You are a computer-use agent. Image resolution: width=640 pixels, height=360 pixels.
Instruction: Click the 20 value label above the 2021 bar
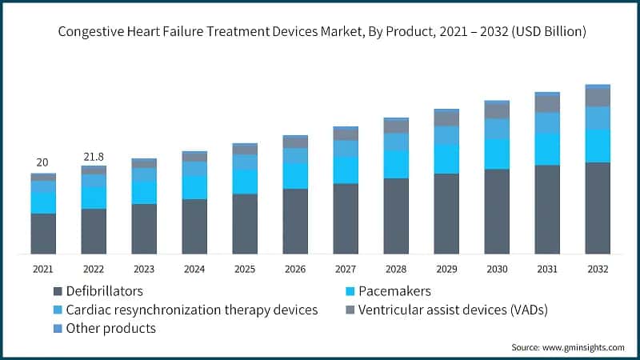(x=43, y=162)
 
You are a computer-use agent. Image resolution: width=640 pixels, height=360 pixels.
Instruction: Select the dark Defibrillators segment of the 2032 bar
(x=598, y=208)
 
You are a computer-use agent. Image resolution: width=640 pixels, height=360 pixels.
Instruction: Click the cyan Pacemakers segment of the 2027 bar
(x=346, y=170)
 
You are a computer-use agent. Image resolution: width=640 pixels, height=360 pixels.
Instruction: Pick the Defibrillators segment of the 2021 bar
(x=43, y=234)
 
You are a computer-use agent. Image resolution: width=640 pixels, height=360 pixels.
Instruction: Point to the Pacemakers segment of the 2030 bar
(x=497, y=154)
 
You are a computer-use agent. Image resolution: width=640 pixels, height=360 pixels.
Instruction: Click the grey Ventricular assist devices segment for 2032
(x=598, y=97)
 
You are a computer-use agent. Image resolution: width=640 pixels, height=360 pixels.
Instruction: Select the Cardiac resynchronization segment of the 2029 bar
(x=446, y=135)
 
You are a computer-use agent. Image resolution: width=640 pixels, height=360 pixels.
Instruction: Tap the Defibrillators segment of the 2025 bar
(x=245, y=224)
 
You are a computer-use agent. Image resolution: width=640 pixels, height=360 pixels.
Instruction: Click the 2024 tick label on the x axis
(x=194, y=269)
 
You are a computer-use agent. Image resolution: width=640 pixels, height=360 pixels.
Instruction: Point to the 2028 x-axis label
(x=396, y=269)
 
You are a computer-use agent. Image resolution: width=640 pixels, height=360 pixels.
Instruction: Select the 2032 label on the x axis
(x=598, y=269)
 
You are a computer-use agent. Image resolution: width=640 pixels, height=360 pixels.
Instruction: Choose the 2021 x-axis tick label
(x=43, y=269)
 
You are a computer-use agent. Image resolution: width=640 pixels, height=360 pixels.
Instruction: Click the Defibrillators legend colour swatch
(x=58, y=291)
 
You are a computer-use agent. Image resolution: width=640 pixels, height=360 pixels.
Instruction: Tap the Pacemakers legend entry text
(x=394, y=291)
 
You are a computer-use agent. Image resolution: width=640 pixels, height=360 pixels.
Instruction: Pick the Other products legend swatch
(x=58, y=329)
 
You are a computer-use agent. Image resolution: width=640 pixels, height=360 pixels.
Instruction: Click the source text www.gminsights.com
(x=567, y=347)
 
